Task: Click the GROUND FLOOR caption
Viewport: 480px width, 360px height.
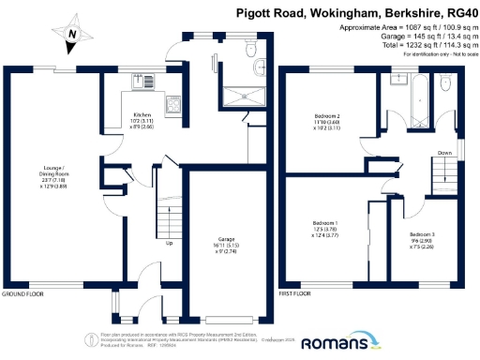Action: (x=23, y=294)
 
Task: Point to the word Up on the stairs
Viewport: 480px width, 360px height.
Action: (x=169, y=244)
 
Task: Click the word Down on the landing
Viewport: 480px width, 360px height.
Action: (x=446, y=153)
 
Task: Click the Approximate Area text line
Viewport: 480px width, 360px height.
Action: (x=404, y=28)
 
